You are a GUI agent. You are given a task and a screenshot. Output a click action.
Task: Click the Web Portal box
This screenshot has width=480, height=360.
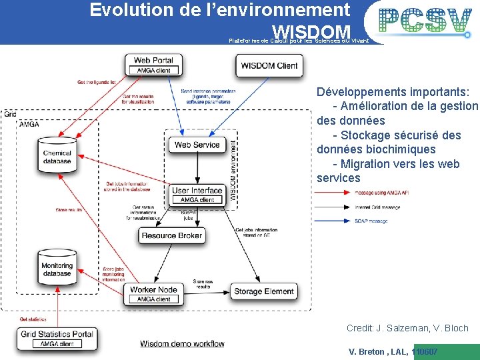coord(154,65)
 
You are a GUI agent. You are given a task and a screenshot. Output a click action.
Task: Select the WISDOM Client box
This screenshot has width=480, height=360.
coord(269,65)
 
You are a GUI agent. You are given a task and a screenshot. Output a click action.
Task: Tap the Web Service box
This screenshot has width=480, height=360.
coord(197,145)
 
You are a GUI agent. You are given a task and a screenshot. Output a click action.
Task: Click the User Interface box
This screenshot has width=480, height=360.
coord(197,195)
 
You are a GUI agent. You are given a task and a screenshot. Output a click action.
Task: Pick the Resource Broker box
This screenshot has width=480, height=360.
coord(172,235)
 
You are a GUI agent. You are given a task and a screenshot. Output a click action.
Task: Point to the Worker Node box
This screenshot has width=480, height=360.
coord(153,294)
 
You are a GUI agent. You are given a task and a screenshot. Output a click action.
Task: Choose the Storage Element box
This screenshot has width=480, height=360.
coord(264,291)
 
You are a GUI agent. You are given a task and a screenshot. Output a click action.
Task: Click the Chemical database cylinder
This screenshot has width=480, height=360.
coord(57,155)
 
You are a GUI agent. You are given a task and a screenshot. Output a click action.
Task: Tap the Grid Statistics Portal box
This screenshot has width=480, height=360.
coord(57,338)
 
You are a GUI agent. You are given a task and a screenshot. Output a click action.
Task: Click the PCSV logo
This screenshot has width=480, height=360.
coord(426,21)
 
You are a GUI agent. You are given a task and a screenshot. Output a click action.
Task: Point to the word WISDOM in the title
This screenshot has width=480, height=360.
coord(311,32)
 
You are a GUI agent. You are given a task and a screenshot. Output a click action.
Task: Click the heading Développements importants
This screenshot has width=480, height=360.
coord(393,92)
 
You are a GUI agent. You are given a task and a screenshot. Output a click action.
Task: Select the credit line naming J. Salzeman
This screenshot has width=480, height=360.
coord(407,328)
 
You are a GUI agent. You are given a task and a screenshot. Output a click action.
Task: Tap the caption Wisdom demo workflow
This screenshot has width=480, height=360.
coord(182,343)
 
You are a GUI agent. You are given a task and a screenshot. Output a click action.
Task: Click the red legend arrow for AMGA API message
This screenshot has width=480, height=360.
coord(335,193)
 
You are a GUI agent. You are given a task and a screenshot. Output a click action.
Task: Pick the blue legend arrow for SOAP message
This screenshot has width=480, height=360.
coord(335,221)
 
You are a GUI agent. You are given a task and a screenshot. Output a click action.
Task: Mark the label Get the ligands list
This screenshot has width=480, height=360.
coord(97,82)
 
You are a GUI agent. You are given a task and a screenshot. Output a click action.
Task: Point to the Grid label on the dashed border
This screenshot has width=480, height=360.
coord(9,114)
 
